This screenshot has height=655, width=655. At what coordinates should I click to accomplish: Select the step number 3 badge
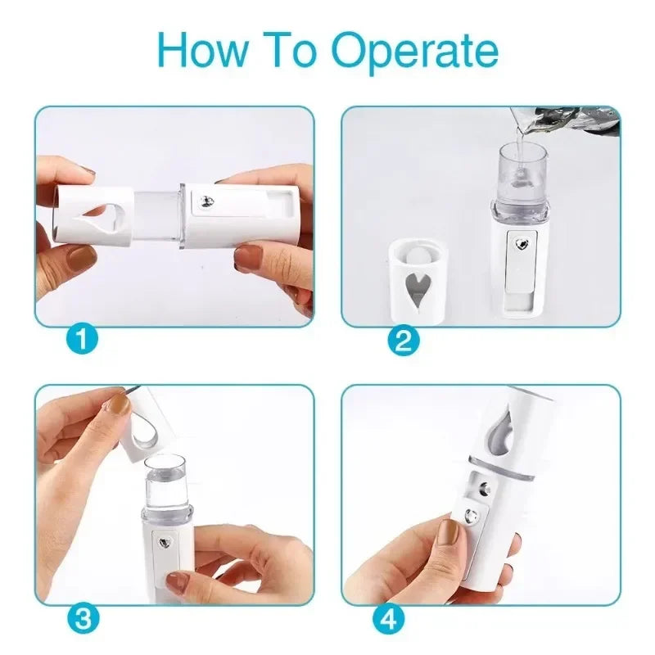pyautogui.click(x=81, y=618)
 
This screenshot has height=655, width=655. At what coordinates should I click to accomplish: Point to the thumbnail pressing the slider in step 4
pyautogui.click(x=449, y=533)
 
